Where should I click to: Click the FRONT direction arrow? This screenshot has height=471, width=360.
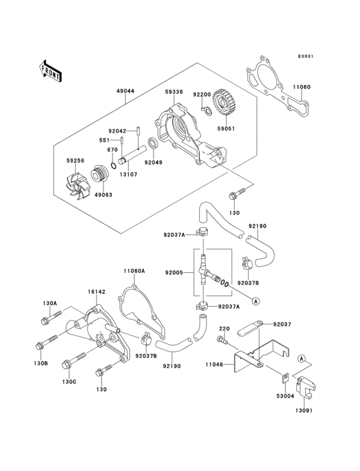point(51,69)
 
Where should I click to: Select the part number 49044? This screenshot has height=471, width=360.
point(125,92)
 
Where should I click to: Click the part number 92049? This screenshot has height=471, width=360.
point(153,162)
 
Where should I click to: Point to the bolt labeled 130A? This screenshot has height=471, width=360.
point(47,319)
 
